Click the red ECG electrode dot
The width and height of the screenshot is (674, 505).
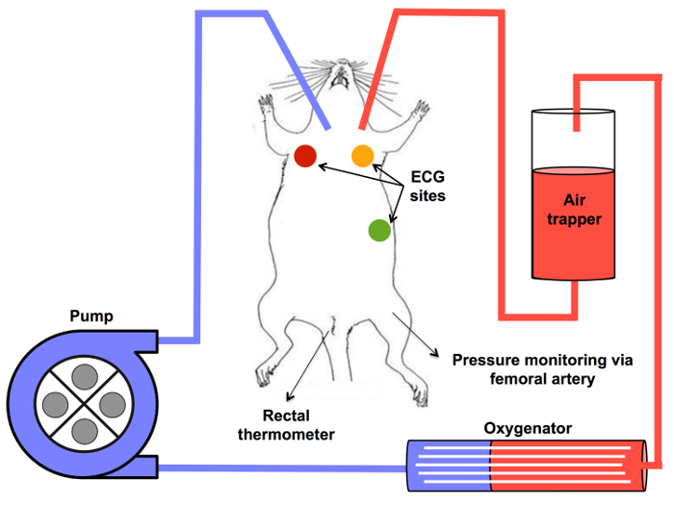coord(305,156)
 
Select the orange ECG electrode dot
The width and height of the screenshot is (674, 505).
coord(362,156)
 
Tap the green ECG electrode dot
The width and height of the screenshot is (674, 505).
coord(379,230)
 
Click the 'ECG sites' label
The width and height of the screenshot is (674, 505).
coord(428,187)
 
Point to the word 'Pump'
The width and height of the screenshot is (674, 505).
coord(91,316)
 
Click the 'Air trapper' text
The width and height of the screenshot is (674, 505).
coord(574,210)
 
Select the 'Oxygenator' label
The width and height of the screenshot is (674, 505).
coord(528,428)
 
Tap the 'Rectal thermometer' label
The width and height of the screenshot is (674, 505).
coord(286,425)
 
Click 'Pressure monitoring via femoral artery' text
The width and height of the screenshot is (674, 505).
coord(542,369)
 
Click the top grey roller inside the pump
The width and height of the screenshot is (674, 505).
coord(85,377)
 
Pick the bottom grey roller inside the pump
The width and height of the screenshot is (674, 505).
coord(85,431)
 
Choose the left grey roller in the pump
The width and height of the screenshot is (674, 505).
coord(56,405)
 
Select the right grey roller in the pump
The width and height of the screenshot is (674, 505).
coord(113,405)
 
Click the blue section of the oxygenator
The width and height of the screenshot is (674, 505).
coord(449,466)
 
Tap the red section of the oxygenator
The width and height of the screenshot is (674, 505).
coord(568,466)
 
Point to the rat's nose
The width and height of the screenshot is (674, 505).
coord(342,63)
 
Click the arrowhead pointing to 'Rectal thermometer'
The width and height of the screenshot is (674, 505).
coord(290,396)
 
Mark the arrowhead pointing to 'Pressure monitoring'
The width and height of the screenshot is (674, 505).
coord(435,353)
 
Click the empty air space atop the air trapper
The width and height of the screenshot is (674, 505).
coord(574,139)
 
